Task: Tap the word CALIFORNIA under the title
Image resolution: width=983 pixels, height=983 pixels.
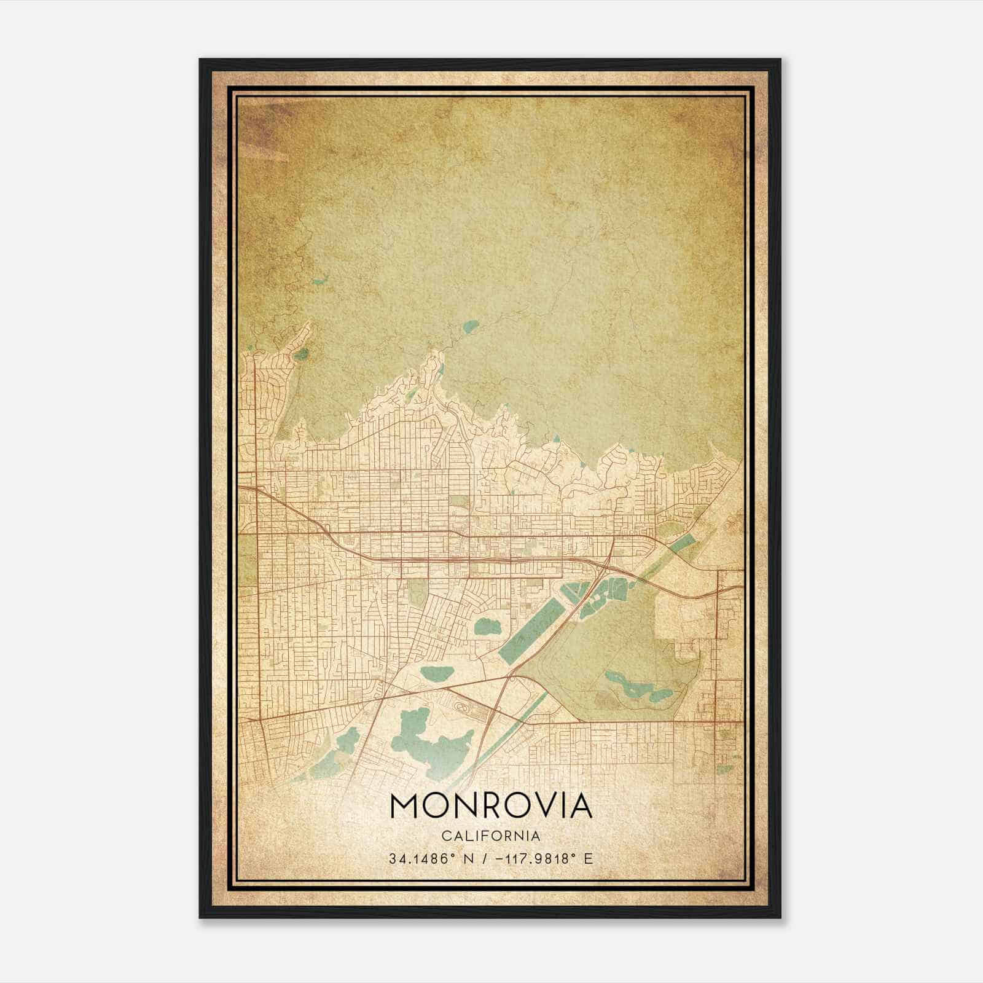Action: [x=491, y=836]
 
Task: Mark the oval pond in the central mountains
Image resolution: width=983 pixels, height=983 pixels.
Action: [x=470, y=326]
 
